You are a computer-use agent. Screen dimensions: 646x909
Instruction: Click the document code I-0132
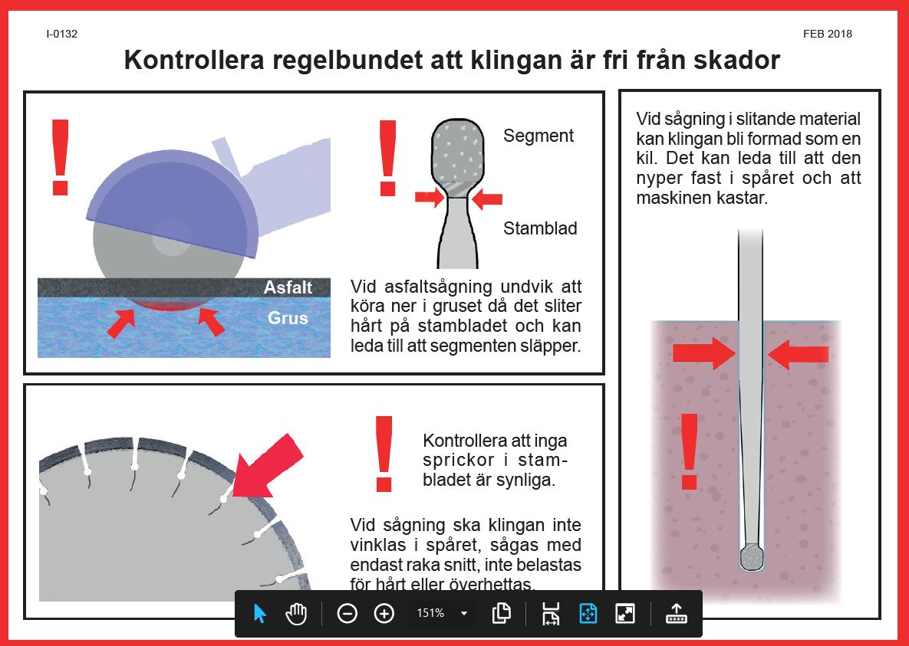tap(62, 34)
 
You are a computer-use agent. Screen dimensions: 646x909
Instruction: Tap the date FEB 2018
tap(827, 34)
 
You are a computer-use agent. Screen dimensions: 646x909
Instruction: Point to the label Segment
tap(538, 136)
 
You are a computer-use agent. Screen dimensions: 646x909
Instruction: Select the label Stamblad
tap(540, 228)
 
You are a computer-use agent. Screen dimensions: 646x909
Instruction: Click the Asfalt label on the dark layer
tap(288, 287)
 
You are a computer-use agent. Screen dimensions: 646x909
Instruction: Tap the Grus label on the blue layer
tap(288, 317)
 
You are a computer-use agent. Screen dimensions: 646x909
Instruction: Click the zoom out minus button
tap(347, 613)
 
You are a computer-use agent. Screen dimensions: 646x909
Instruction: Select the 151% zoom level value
tap(430, 613)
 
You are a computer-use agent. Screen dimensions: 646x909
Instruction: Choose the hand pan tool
tap(296, 613)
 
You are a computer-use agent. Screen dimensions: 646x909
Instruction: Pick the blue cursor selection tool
tap(259, 613)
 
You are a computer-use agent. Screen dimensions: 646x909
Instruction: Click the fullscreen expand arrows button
tap(625, 613)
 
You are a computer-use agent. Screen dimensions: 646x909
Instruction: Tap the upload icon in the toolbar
tap(676, 613)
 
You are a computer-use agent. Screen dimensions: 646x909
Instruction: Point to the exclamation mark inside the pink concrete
tap(690, 452)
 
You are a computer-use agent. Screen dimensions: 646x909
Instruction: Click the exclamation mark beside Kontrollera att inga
tap(383, 454)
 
